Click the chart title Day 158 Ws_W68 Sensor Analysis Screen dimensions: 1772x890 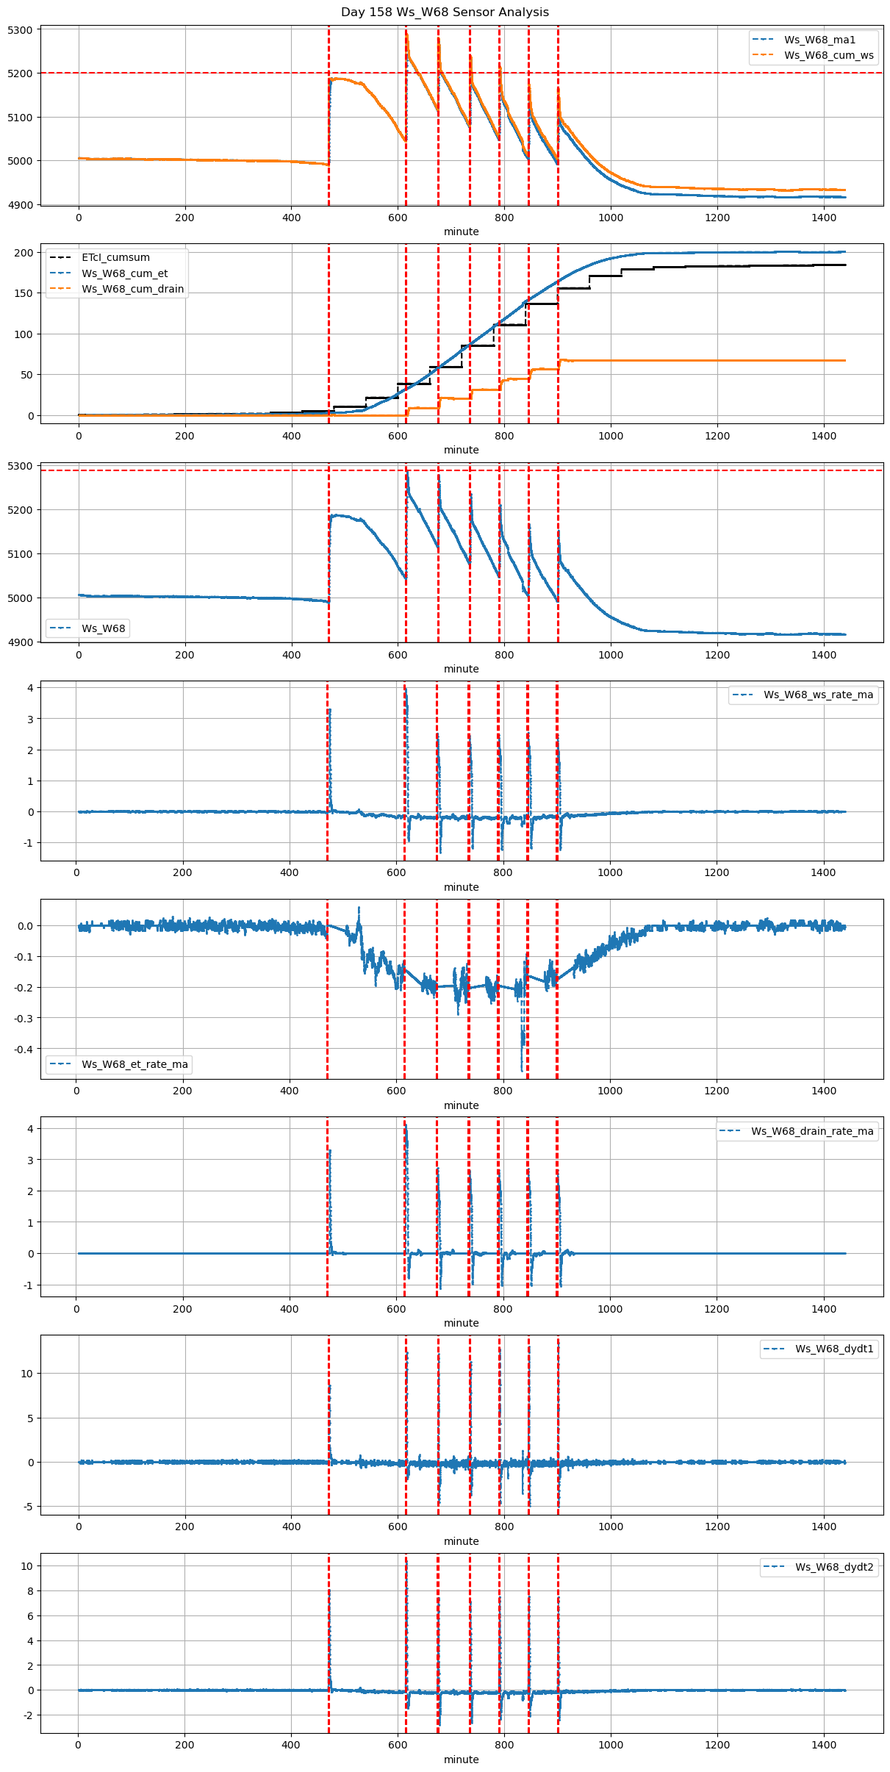pyautogui.click(x=445, y=12)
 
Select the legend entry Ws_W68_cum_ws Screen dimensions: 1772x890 pyautogui.click(x=828, y=55)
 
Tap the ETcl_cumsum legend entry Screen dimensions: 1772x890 pyautogui.click(x=115, y=258)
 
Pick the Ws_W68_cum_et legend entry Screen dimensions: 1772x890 pyautogui.click(x=124, y=273)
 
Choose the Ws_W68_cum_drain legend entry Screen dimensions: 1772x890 pyautogui.click(x=132, y=289)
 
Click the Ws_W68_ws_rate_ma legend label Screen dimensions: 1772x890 pyautogui.click(x=818, y=695)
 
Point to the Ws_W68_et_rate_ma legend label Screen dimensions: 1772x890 pyautogui.click(x=134, y=1064)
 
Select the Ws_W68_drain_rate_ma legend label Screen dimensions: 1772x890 pyautogui.click(x=812, y=1131)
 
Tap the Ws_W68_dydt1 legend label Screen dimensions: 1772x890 pyautogui.click(x=834, y=1349)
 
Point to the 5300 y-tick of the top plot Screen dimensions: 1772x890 pyautogui.click(x=21, y=30)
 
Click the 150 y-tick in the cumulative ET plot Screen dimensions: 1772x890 pyautogui.click(x=24, y=293)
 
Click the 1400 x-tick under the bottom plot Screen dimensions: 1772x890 pyautogui.click(x=824, y=1745)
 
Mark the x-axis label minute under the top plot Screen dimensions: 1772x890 pyautogui.click(x=461, y=232)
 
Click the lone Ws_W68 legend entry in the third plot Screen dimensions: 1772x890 pyautogui.click(x=103, y=628)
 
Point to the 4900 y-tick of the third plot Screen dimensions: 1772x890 pyautogui.click(x=21, y=642)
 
